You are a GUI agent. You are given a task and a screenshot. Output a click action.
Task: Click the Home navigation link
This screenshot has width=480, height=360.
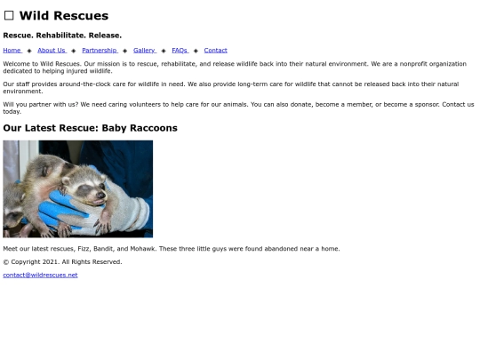tap(12, 50)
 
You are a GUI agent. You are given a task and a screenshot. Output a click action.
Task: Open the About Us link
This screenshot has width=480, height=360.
tap(51, 50)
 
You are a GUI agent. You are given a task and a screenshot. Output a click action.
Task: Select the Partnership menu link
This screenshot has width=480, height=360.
tap(99, 50)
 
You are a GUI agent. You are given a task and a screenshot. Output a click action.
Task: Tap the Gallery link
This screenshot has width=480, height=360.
tap(144, 50)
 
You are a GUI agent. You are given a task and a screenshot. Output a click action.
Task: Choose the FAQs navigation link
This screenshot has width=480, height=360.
tap(180, 50)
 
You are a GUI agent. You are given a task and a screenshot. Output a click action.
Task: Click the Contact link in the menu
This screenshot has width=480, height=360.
tap(215, 50)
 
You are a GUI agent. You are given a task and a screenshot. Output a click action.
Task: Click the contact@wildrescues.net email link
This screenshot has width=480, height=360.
tap(40, 275)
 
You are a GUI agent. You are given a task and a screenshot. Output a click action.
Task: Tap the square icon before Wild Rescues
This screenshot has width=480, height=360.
tap(9, 16)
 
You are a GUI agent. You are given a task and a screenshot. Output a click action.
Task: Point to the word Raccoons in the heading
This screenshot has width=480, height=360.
tap(152, 128)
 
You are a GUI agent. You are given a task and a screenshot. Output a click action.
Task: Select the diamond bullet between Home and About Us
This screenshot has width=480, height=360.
tap(29, 51)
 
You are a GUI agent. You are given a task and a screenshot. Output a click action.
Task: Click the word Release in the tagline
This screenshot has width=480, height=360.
tap(105, 35)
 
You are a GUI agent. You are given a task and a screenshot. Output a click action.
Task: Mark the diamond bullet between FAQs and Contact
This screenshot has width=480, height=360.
tap(196, 51)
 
